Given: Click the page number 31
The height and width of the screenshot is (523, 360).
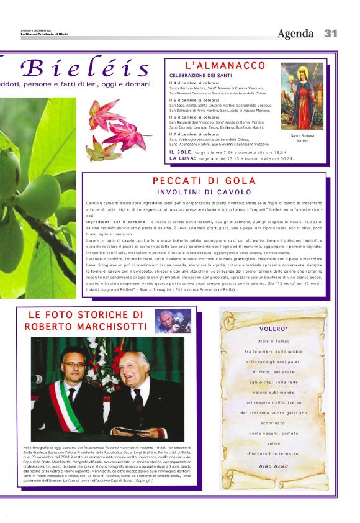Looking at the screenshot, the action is (x=331, y=33).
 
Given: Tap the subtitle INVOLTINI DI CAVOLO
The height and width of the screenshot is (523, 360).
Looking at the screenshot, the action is (x=204, y=193).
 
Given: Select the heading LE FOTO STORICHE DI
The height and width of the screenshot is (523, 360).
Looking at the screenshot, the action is (x=86, y=315).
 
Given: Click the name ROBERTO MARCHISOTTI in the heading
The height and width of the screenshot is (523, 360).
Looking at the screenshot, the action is (x=86, y=327).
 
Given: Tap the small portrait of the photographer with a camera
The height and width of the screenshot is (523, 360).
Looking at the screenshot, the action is (x=173, y=321).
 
